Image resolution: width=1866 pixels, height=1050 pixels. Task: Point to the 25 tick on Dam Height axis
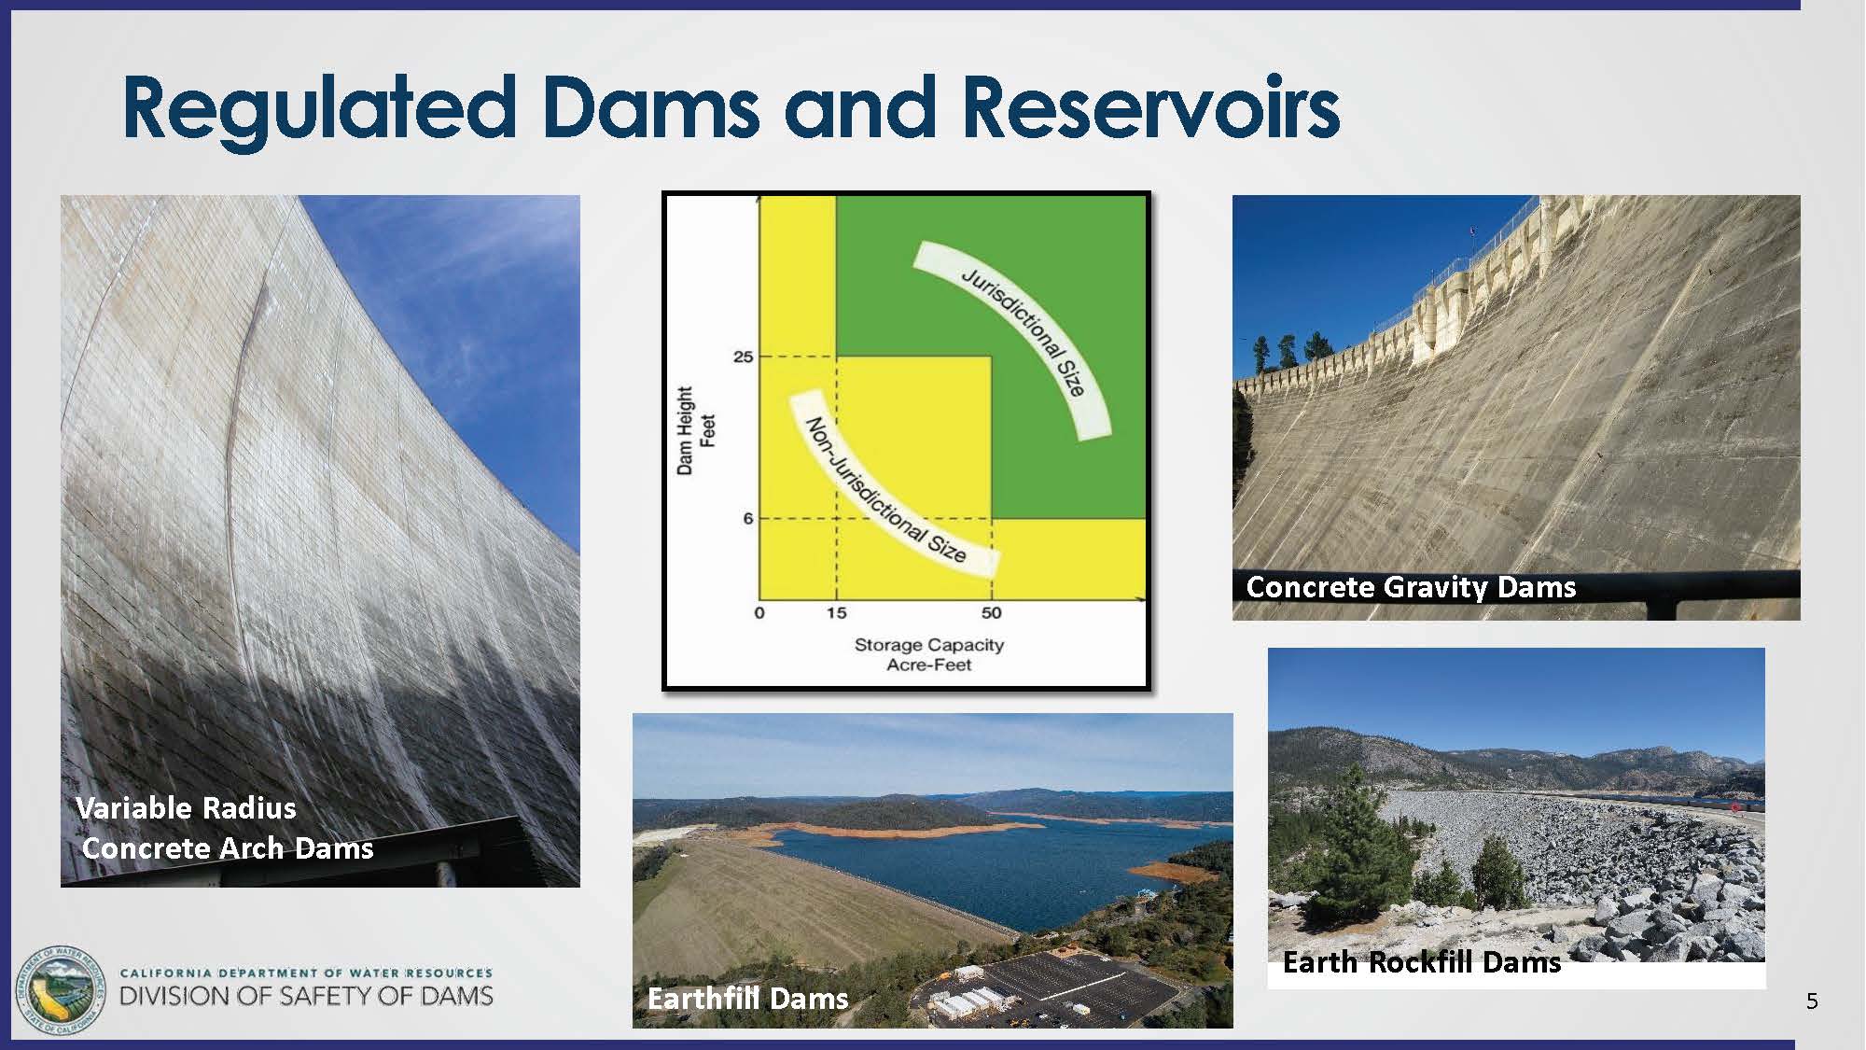click(x=743, y=357)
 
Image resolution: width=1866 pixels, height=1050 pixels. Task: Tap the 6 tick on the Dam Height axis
click(x=747, y=518)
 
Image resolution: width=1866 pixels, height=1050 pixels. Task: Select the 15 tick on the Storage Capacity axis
click(x=837, y=613)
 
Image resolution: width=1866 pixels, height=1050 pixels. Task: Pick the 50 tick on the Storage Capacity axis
click(x=991, y=613)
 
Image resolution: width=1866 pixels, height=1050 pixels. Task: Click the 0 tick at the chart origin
click(x=759, y=613)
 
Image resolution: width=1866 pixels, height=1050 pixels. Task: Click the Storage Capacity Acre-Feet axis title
click(x=929, y=654)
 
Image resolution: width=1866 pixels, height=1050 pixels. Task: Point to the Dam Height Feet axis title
click(x=695, y=431)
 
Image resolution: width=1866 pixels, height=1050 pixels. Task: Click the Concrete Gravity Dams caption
click(x=1411, y=587)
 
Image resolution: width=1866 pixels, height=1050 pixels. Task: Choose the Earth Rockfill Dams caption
click(x=1422, y=962)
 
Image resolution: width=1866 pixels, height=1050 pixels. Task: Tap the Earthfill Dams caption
click(x=748, y=999)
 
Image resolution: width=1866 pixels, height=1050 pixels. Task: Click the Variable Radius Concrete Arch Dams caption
click(x=225, y=828)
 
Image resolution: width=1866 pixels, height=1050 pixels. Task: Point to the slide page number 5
click(x=1812, y=1001)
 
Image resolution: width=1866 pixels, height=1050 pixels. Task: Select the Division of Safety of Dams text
click(x=306, y=996)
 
